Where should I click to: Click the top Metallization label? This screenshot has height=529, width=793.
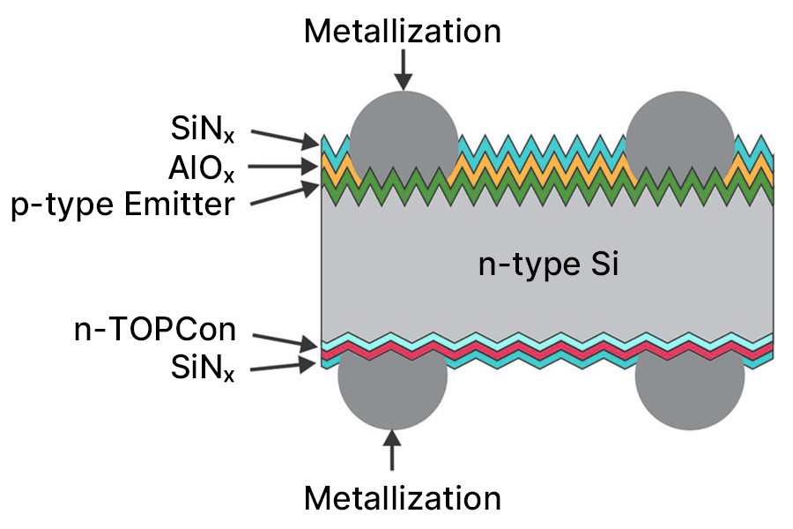(403, 32)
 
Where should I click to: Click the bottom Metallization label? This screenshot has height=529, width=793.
(403, 498)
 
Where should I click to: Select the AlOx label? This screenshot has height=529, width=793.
(203, 168)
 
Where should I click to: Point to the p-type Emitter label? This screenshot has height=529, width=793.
(122, 205)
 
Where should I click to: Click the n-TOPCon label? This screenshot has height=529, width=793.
(154, 331)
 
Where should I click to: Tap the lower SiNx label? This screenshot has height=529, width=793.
(203, 369)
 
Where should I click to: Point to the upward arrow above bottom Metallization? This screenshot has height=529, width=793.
(393, 449)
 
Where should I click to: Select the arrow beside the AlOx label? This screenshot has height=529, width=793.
(284, 167)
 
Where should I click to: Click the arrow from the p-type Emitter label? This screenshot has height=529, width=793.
(284, 195)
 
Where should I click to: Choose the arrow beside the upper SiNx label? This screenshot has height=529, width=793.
(284, 137)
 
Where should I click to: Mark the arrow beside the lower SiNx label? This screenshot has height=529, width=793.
(284, 364)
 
